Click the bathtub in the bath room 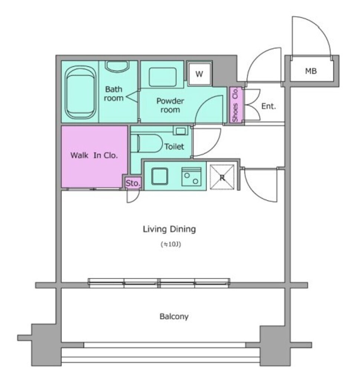click(x=80, y=92)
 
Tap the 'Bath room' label click(x=114, y=94)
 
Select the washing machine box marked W click(x=200, y=74)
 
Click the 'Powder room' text click(x=170, y=105)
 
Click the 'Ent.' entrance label click(x=269, y=106)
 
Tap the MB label click(x=311, y=71)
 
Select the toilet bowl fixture click(x=147, y=144)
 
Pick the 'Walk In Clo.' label click(x=94, y=155)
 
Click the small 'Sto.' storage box click(x=133, y=183)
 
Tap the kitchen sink click(x=160, y=176)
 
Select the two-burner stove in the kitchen click(x=191, y=177)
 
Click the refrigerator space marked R click(x=222, y=177)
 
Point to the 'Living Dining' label click(x=169, y=229)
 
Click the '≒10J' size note click(x=171, y=244)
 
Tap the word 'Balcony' click(x=174, y=317)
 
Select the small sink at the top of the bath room click(x=117, y=66)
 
